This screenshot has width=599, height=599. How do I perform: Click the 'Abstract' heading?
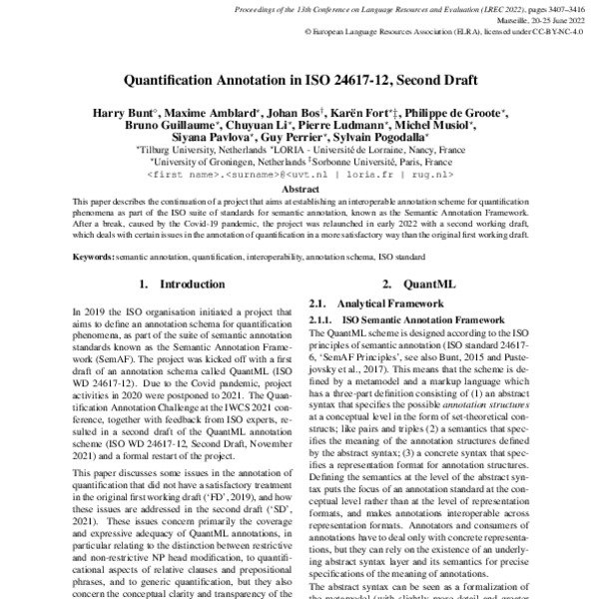[299, 188]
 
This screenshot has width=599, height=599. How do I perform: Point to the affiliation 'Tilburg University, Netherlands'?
[200, 148]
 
